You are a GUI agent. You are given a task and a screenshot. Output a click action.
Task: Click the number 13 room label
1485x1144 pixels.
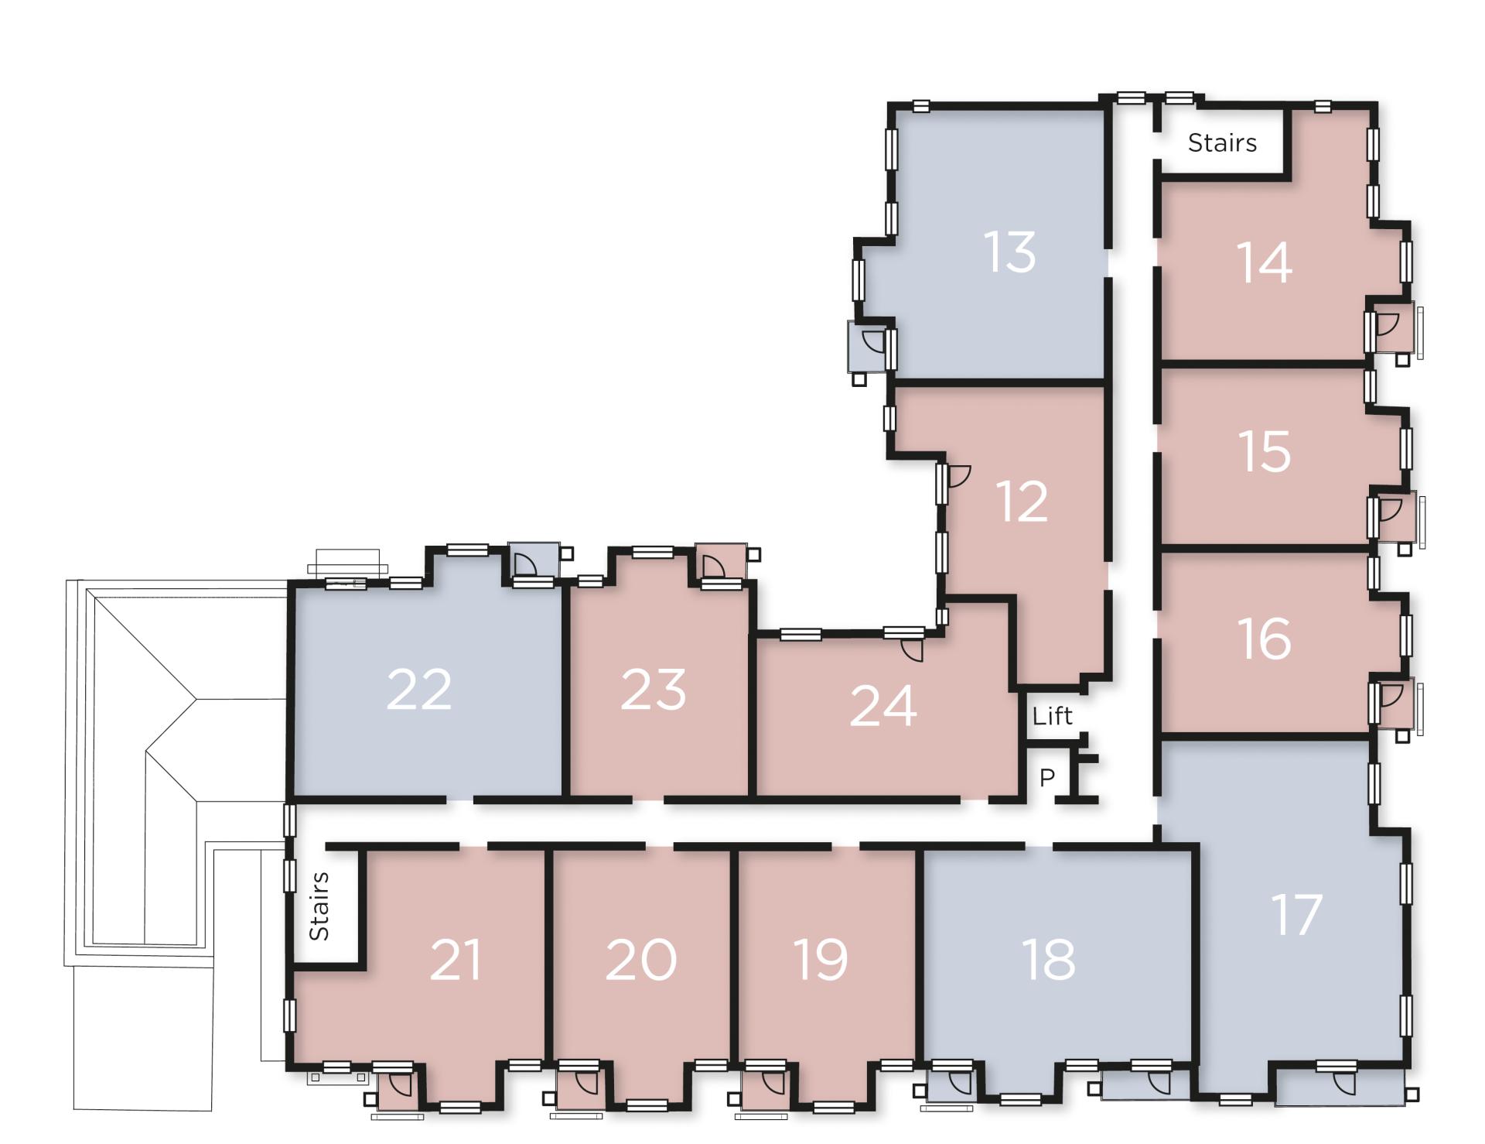(x=1009, y=252)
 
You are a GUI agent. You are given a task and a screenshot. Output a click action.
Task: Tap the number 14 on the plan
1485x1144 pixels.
(x=1265, y=262)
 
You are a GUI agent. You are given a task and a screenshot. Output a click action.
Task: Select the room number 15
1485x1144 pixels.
(x=1265, y=451)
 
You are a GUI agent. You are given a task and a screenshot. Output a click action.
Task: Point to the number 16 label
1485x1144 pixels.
(x=1265, y=639)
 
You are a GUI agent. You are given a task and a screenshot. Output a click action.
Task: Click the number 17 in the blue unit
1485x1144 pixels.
(x=1297, y=914)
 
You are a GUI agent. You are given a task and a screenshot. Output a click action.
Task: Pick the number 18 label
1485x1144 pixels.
(x=1049, y=959)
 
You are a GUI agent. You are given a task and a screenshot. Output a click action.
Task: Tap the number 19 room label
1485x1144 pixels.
(x=821, y=959)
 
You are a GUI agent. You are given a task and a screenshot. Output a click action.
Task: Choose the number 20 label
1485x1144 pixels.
(x=641, y=959)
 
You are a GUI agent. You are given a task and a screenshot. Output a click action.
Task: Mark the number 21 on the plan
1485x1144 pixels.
(x=456, y=959)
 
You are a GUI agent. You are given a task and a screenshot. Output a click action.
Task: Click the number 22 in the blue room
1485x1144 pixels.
(x=418, y=688)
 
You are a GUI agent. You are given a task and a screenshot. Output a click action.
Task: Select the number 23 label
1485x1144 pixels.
(x=654, y=690)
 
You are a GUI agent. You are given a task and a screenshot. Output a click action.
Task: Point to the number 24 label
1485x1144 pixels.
(x=883, y=706)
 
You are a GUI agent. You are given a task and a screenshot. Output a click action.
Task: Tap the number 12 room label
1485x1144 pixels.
(x=1022, y=501)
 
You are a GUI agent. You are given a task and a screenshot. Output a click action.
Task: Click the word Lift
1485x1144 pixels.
(x=1053, y=716)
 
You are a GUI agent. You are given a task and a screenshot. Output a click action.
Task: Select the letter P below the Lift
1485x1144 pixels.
(x=1047, y=777)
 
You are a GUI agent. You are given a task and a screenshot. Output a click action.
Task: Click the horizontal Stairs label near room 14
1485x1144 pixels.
(x=1222, y=142)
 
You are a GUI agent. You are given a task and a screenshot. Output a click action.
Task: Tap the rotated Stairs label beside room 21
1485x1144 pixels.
(x=319, y=906)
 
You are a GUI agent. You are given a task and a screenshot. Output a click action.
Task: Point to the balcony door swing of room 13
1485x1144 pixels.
(x=872, y=341)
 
